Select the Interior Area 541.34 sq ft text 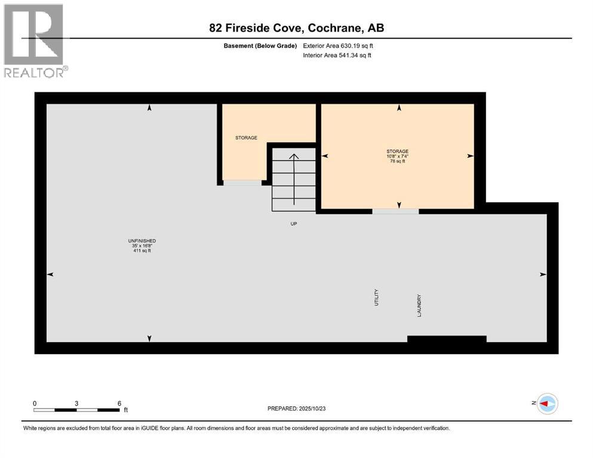point(337,55)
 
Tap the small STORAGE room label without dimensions point(246,138)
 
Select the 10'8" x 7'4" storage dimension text point(397,156)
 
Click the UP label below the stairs point(293,224)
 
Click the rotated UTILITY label point(377,298)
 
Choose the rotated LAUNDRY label point(420,305)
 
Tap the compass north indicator point(546,404)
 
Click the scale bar point(76,410)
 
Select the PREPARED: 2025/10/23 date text point(297,409)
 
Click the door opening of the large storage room point(395,211)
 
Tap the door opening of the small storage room point(242,182)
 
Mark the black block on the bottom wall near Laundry point(447,339)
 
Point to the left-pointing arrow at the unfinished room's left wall point(50,274)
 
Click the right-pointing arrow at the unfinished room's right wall point(543,274)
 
